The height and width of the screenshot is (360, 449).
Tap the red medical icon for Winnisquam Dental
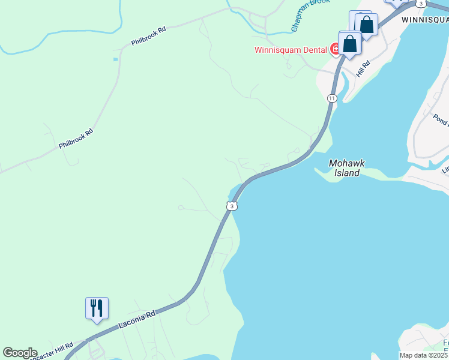coord(335,49)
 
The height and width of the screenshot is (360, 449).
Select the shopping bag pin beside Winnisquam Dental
coord(349,43)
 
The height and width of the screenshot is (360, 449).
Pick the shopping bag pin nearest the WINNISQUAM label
coord(366,25)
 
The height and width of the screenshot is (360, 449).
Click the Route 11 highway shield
coord(332,98)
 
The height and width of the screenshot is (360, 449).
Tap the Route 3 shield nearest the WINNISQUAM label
coord(421,4)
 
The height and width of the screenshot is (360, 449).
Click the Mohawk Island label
coord(347,168)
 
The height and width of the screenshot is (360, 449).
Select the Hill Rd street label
coord(362,68)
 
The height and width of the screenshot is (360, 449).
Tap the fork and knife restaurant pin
coord(97,308)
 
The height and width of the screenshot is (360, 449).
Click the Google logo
coord(20,353)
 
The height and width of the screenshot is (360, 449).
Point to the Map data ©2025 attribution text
coord(424,355)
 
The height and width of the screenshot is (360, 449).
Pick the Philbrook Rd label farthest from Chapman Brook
coord(76,139)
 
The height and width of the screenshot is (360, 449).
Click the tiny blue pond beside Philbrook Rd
coord(115,59)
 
